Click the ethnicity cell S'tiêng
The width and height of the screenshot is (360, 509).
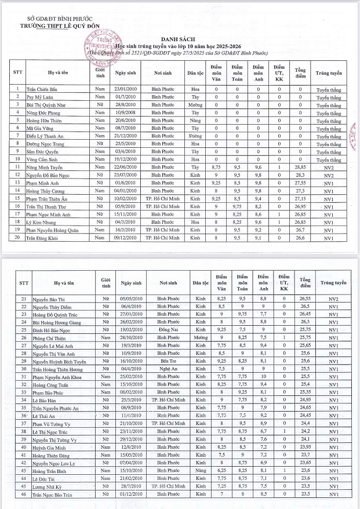pyautogui.click(x=195, y=136)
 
